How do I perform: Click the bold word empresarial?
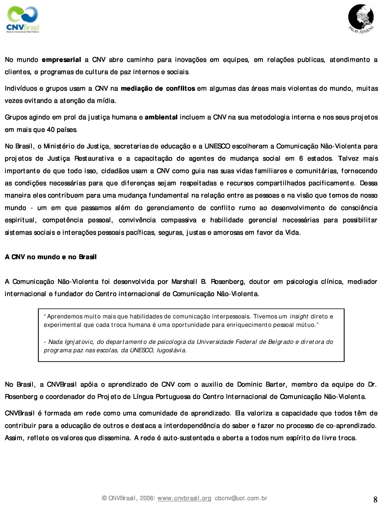pyautogui.click(x=61, y=60)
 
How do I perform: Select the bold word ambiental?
pyautogui.click(x=161, y=117)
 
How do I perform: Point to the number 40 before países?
pyautogui.click(x=50, y=130)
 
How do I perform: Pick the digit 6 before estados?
pyautogui.click(x=301, y=159)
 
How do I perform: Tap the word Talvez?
pyautogui.click(x=348, y=159)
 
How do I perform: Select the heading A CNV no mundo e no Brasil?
pyautogui.click(x=51, y=257)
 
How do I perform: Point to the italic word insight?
pyautogui.click(x=299, y=316)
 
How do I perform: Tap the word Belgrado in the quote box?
pyautogui.click(x=281, y=342)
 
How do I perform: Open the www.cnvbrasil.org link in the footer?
pyautogui.click(x=184, y=498)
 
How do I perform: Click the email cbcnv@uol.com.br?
pyautogui.click(x=241, y=498)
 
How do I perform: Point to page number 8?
pyautogui.click(x=375, y=500)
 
